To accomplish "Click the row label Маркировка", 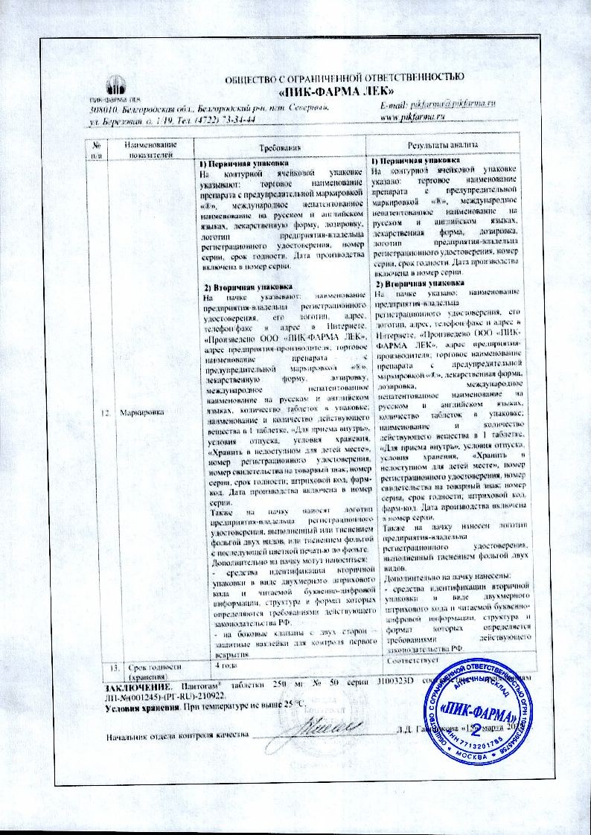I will click(147, 411).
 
